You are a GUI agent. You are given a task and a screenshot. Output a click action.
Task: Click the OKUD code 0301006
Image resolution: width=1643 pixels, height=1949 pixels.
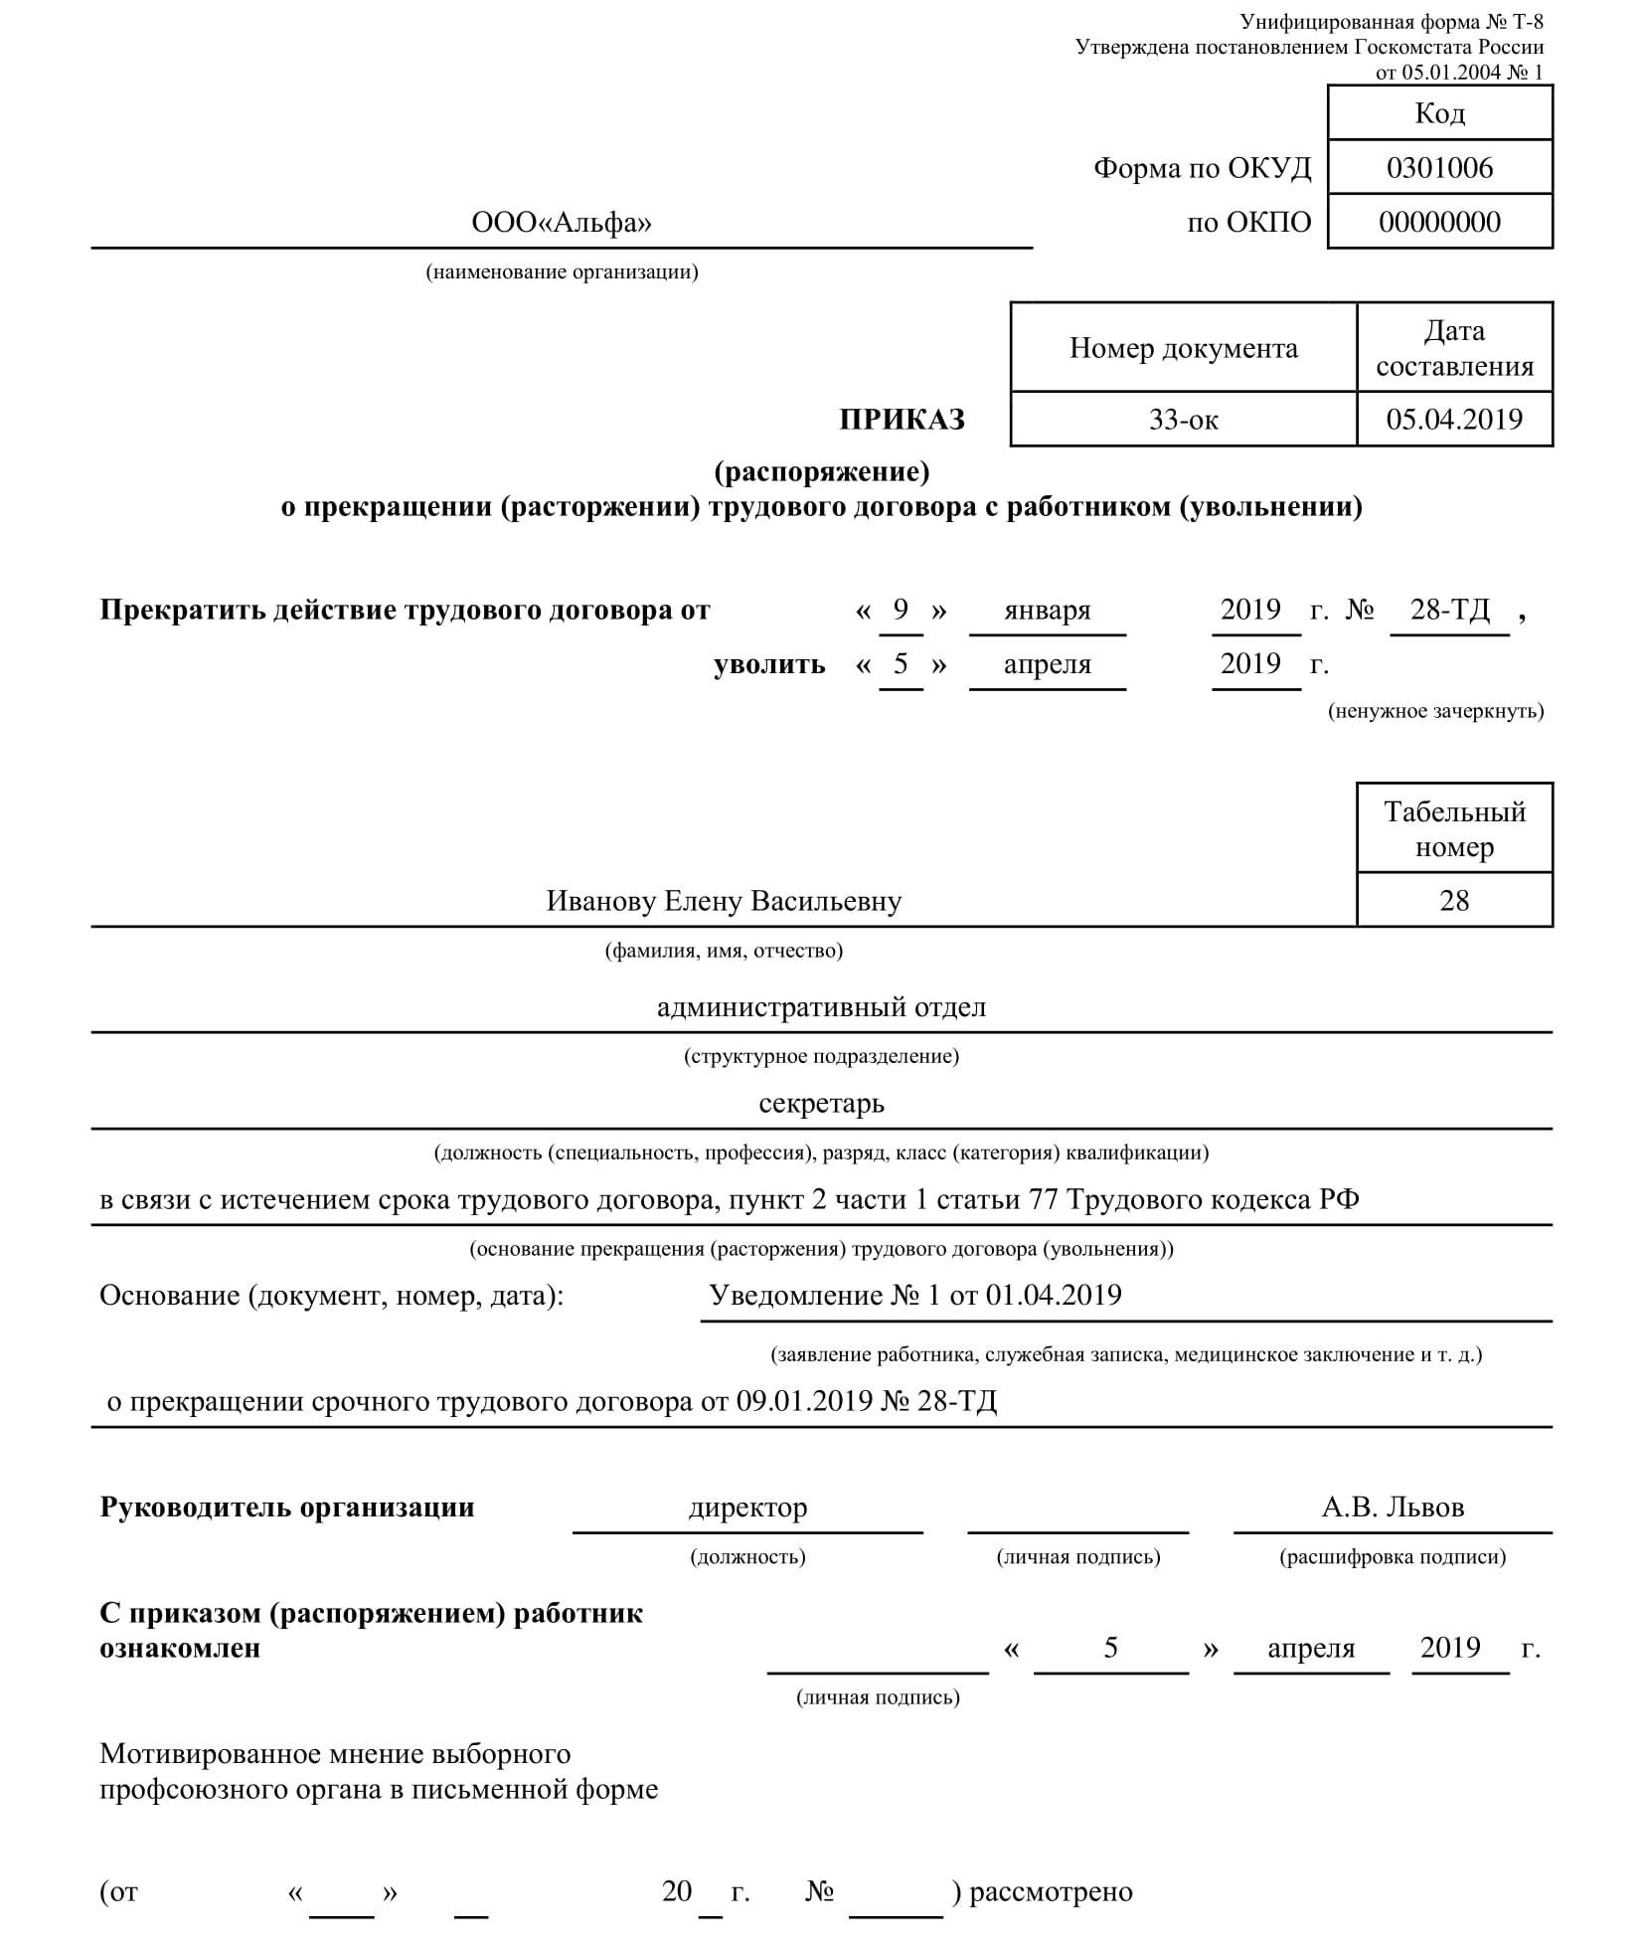[1438, 168]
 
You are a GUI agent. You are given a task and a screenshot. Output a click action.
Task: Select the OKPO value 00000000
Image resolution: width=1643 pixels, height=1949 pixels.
[1438, 222]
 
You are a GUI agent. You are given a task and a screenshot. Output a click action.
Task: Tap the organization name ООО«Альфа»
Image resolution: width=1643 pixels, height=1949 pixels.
[562, 223]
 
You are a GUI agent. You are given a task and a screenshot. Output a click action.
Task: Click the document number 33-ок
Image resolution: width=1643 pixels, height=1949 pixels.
[1183, 420]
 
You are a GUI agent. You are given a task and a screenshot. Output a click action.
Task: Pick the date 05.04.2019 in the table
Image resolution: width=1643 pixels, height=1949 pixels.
[1453, 419]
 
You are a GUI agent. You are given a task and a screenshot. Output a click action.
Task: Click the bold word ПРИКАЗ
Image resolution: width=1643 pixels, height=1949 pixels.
[902, 420]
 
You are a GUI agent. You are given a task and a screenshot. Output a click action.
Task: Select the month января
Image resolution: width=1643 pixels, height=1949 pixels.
[1047, 610]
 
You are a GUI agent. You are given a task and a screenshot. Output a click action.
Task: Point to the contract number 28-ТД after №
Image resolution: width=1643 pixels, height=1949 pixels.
[1449, 610]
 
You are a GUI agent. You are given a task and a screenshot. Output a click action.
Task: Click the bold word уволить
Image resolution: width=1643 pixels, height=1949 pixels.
[769, 664]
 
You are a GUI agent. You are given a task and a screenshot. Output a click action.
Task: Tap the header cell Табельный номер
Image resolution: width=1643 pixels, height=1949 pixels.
[1453, 828]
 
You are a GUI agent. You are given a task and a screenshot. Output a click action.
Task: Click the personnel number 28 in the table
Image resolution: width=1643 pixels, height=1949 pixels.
[1453, 901]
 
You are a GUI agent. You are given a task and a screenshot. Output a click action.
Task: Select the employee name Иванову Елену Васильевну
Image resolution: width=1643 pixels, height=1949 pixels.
[724, 901]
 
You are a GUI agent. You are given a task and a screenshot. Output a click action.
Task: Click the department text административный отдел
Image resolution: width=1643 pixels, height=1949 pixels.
[821, 1007]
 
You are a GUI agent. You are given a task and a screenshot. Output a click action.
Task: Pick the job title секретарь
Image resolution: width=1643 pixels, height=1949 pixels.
[821, 1104]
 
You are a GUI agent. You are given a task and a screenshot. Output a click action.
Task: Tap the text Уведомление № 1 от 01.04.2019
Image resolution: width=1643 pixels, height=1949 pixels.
[914, 1296]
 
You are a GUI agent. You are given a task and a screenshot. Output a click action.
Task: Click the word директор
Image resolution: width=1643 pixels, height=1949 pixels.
[747, 1507]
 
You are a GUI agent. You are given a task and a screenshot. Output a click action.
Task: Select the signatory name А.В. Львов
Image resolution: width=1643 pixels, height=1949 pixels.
[1392, 1507]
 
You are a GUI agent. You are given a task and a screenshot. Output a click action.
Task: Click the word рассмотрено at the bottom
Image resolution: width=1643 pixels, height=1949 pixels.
[1051, 1891]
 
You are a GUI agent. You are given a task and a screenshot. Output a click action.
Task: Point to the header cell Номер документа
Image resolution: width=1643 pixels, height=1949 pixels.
[1183, 348]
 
